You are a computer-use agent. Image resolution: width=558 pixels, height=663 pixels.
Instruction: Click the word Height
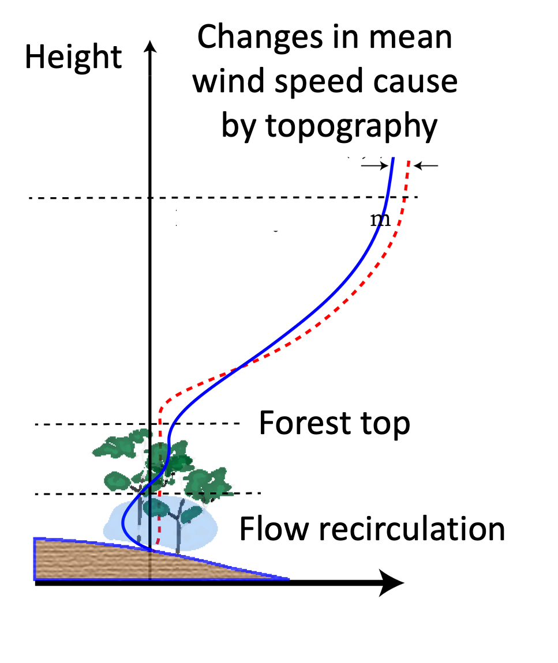tap(73, 56)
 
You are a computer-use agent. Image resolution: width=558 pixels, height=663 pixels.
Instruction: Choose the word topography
tap(351, 127)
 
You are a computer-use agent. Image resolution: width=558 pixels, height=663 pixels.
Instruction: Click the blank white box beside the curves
tap(272, 215)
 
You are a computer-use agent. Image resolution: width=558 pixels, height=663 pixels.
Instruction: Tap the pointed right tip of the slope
tap(287, 578)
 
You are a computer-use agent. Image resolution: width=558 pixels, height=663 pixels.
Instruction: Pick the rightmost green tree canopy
tap(211, 481)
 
